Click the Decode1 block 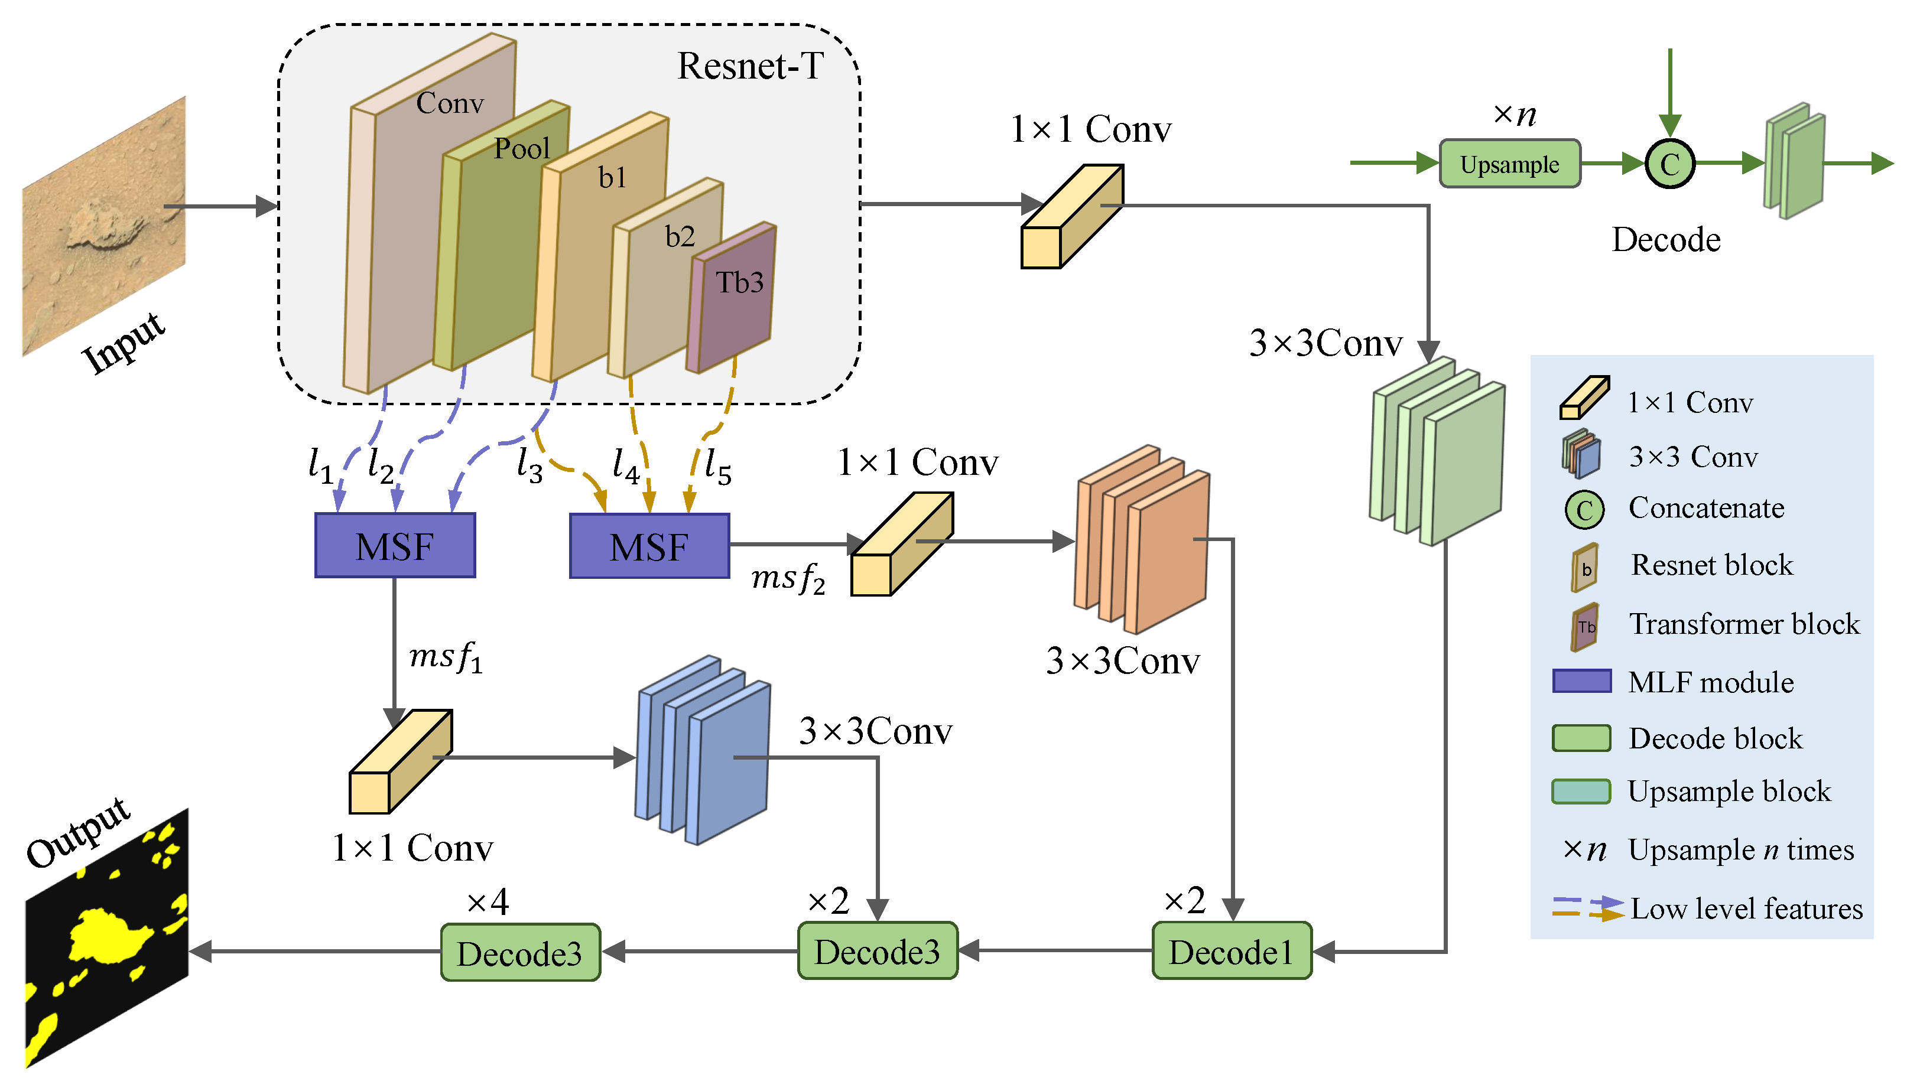tap(1231, 952)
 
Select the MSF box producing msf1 tap(394, 546)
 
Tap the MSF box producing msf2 tap(649, 546)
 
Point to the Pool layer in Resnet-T tap(495, 247)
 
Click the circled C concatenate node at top tap(1669, 164)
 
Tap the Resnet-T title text tap(749, 66)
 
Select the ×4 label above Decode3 tap(488, 901)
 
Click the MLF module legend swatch tap(1581, 681)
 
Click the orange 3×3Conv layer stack tap(1142, 539)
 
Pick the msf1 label tap(445, 658)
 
